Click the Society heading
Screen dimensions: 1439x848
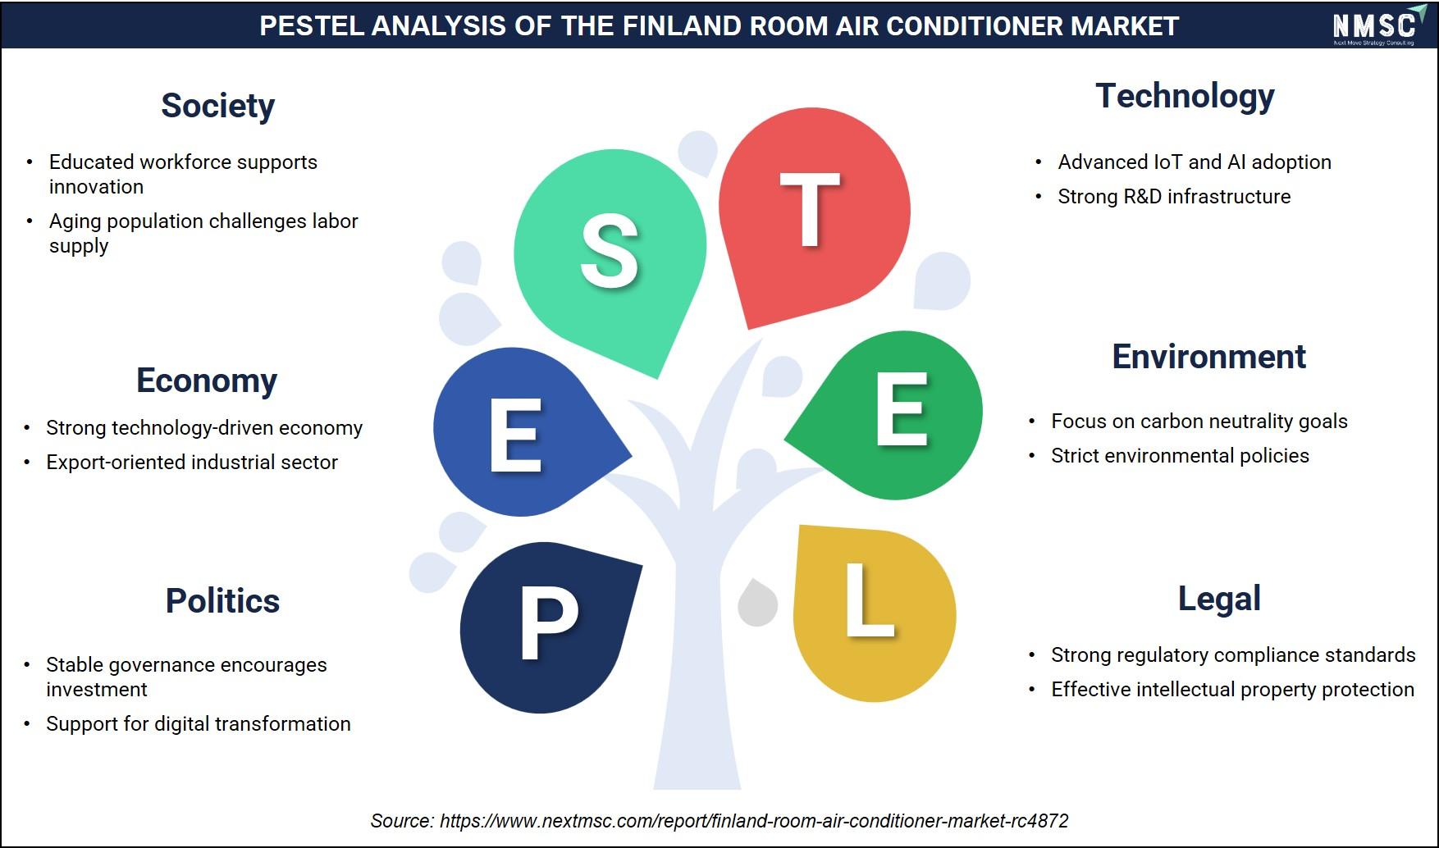[x=217, y=107]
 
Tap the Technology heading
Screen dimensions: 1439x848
[x=1185, y=97]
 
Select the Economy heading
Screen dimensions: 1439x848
[x=207, y=381]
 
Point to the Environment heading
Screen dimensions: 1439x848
[x=1208, y=357]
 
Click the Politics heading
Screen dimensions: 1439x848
[x=222, y=601]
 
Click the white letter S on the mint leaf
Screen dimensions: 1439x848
[x=610, y=251]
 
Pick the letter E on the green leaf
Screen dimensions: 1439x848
[x=902, y=408]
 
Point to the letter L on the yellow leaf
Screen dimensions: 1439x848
[x=870, y=600]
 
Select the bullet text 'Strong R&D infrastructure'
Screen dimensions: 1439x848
[x=1174, y=197]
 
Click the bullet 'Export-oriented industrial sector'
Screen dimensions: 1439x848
[x=192, y=463]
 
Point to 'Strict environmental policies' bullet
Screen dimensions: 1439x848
[x=1180, y=456]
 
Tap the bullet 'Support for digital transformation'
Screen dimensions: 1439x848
[x=199, y=724]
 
